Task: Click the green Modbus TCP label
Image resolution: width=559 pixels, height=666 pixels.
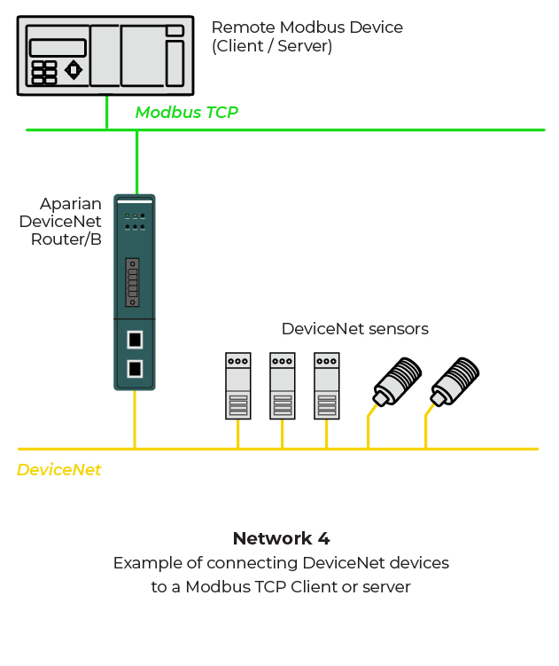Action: (186, 113)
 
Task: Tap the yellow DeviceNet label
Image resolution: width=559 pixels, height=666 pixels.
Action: (58, 470)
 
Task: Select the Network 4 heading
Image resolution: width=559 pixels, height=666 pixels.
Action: (281, 538)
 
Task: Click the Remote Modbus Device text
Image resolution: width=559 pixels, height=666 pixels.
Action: (307, 27)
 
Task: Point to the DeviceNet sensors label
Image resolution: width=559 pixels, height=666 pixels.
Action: (354, 329)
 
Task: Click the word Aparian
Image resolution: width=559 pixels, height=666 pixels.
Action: (71, 204)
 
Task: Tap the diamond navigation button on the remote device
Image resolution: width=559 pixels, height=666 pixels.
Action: (74, 69)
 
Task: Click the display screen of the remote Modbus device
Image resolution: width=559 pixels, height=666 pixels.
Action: (58, 48)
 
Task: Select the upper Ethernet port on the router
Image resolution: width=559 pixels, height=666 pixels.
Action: (135, 339)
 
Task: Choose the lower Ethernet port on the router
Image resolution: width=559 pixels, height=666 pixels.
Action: (135, 368)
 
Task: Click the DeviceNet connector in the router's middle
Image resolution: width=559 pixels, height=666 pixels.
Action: (133, 282)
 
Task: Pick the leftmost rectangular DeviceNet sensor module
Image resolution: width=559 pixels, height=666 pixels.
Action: (237, 386)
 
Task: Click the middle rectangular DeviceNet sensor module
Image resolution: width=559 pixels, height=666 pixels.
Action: (283, 386)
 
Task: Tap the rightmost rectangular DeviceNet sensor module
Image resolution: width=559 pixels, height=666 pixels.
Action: (327, 386)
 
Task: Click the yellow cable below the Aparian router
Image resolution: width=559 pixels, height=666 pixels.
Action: (135, 419)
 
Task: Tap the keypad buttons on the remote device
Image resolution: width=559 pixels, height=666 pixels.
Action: (44, 73)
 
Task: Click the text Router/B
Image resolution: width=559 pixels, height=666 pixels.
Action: (66, 239)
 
